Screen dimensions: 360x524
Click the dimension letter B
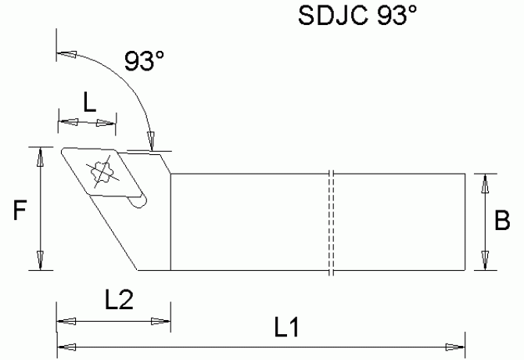pos(505,221)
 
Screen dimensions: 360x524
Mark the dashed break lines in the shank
pos(332,222)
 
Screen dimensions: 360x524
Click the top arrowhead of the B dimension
pos(486,183)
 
